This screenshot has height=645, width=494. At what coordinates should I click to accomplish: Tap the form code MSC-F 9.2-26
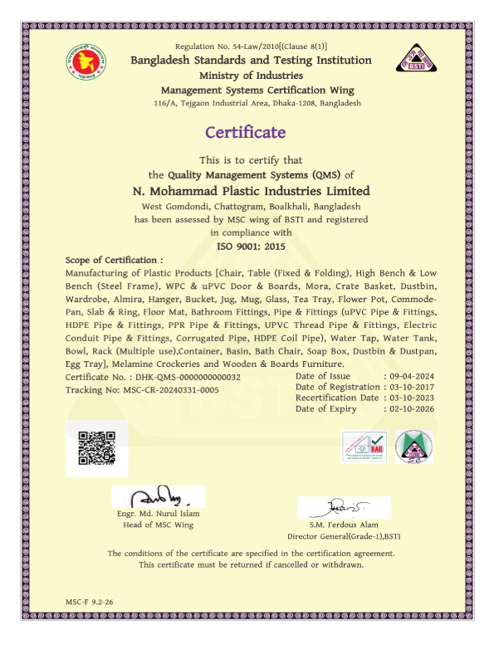tap(89, 599)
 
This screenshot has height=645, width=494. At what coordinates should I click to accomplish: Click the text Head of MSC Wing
tap(158, 525)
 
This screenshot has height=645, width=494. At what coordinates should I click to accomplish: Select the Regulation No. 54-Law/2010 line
tap(252, 46)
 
